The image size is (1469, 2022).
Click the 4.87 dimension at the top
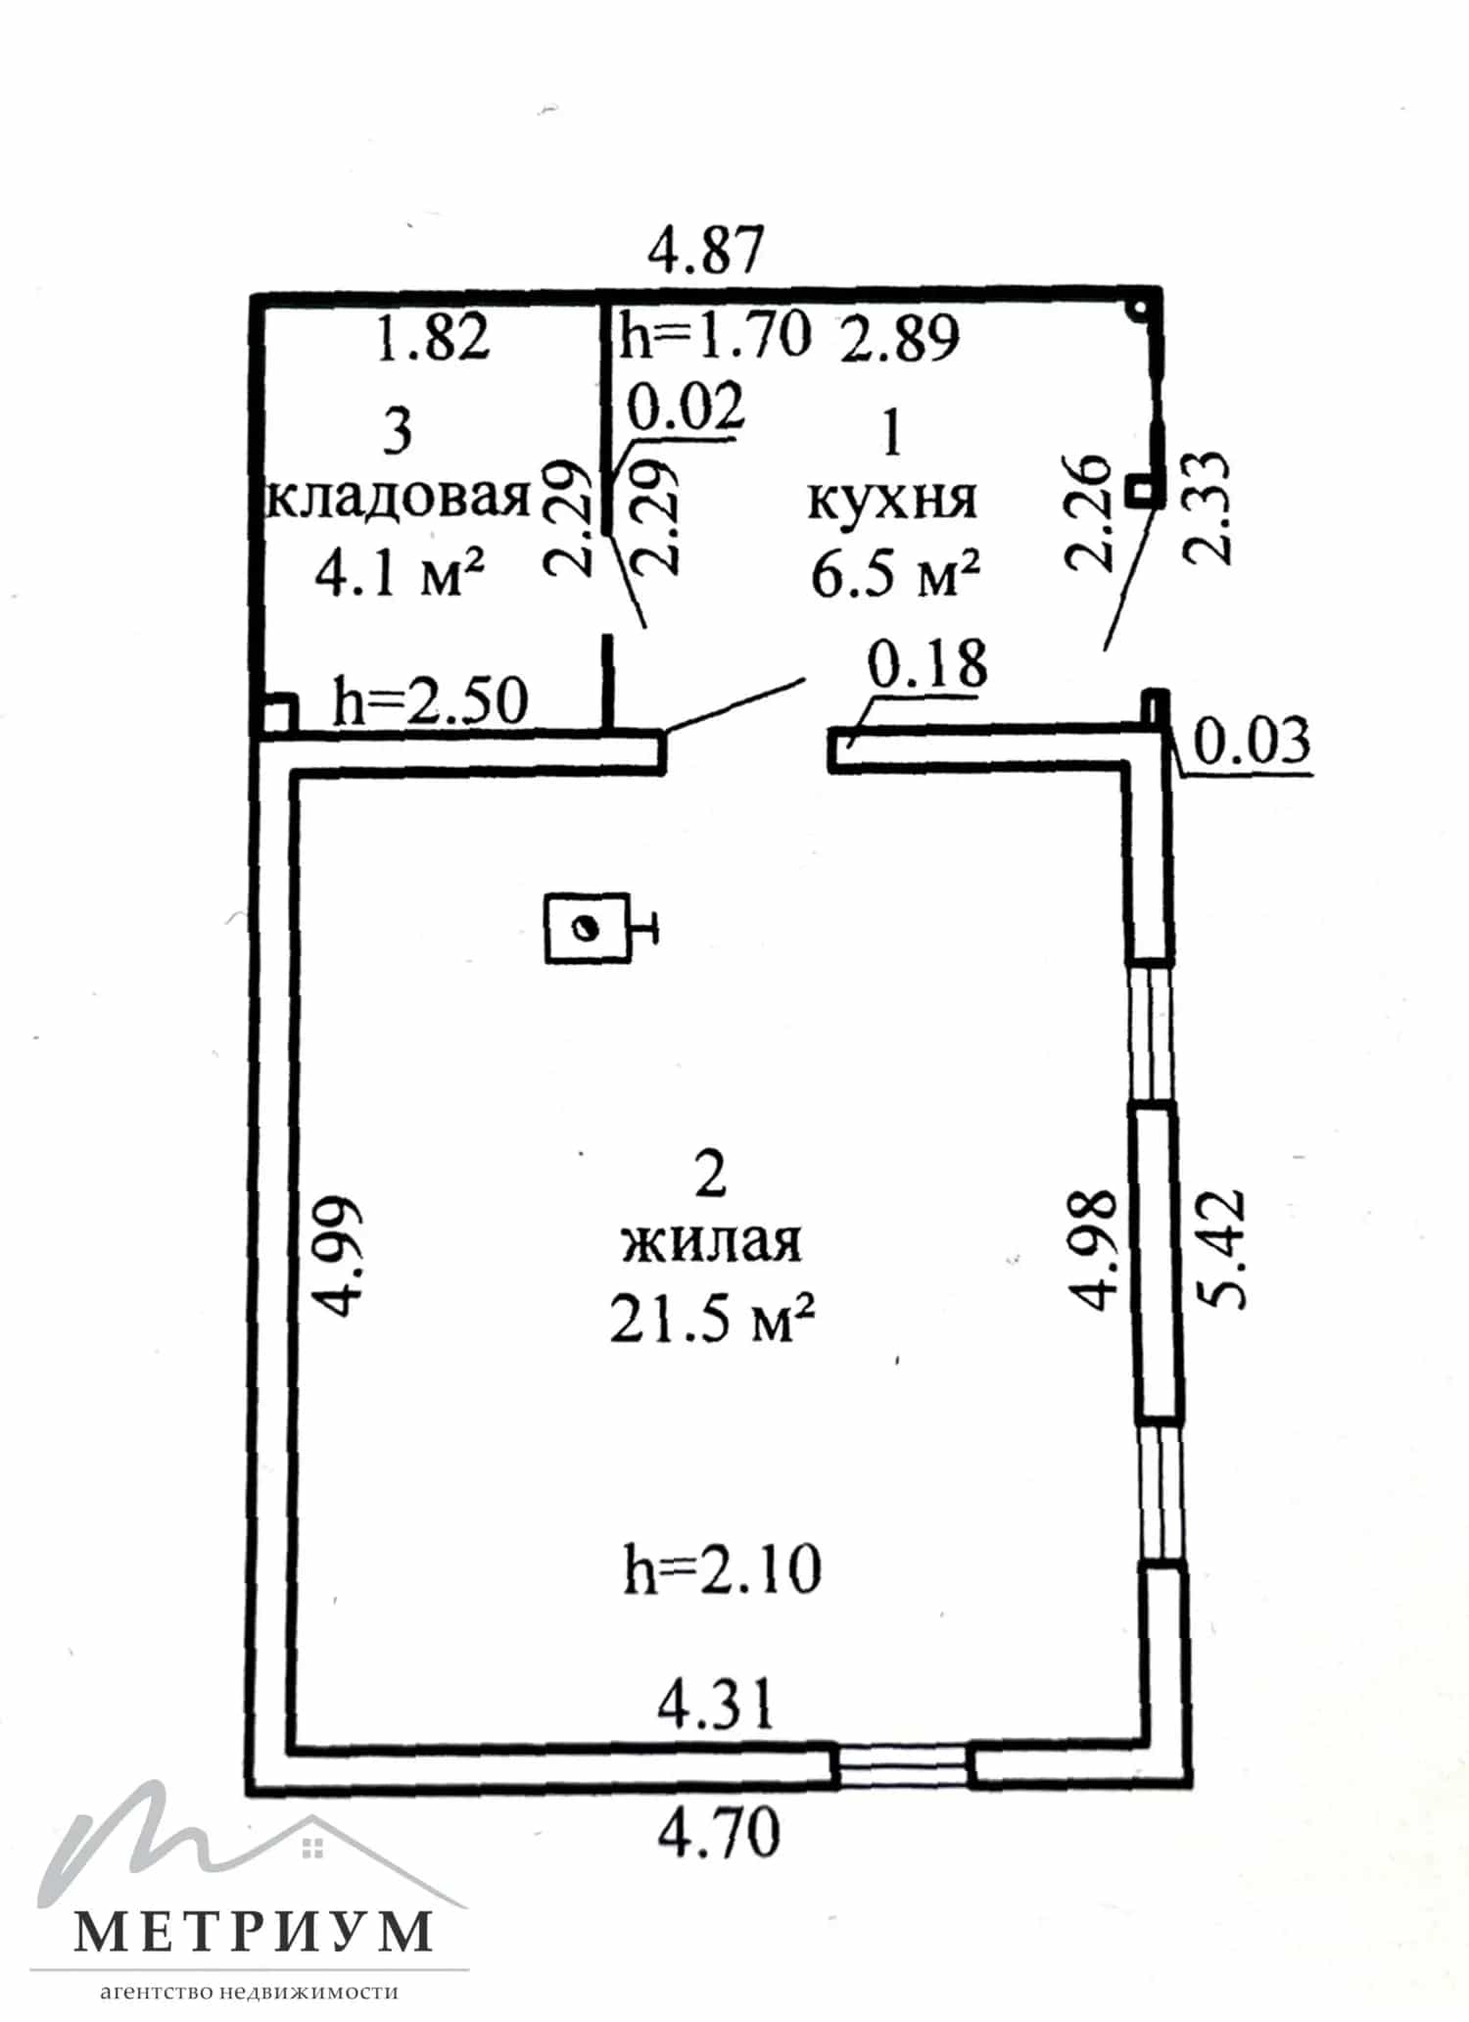706,251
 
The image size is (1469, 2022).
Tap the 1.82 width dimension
433,338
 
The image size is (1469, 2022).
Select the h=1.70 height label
716,334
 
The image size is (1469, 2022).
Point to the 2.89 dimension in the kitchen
900,339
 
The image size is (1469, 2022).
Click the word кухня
892,501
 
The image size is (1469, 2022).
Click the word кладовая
398,500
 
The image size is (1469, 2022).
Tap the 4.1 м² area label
401,574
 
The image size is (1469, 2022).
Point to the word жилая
712,1242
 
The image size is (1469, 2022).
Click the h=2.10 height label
723,1569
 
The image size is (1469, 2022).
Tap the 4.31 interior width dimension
716,1704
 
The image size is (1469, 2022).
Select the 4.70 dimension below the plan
719,1833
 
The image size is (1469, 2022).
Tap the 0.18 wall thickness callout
927,664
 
